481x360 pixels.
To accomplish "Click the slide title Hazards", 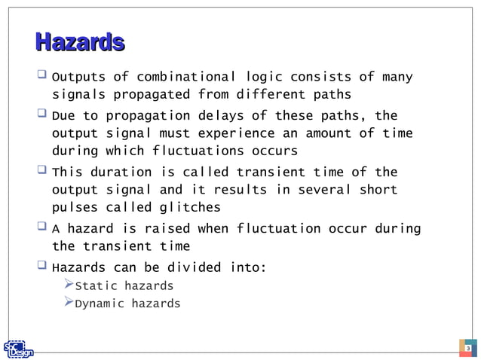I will click(79, 42).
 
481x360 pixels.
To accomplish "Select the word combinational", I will click(182, 78).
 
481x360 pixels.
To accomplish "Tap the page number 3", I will click(467, 349).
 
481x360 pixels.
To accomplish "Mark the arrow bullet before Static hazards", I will click(68, 285).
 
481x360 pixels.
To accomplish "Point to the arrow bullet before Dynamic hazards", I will click(68, 303).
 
